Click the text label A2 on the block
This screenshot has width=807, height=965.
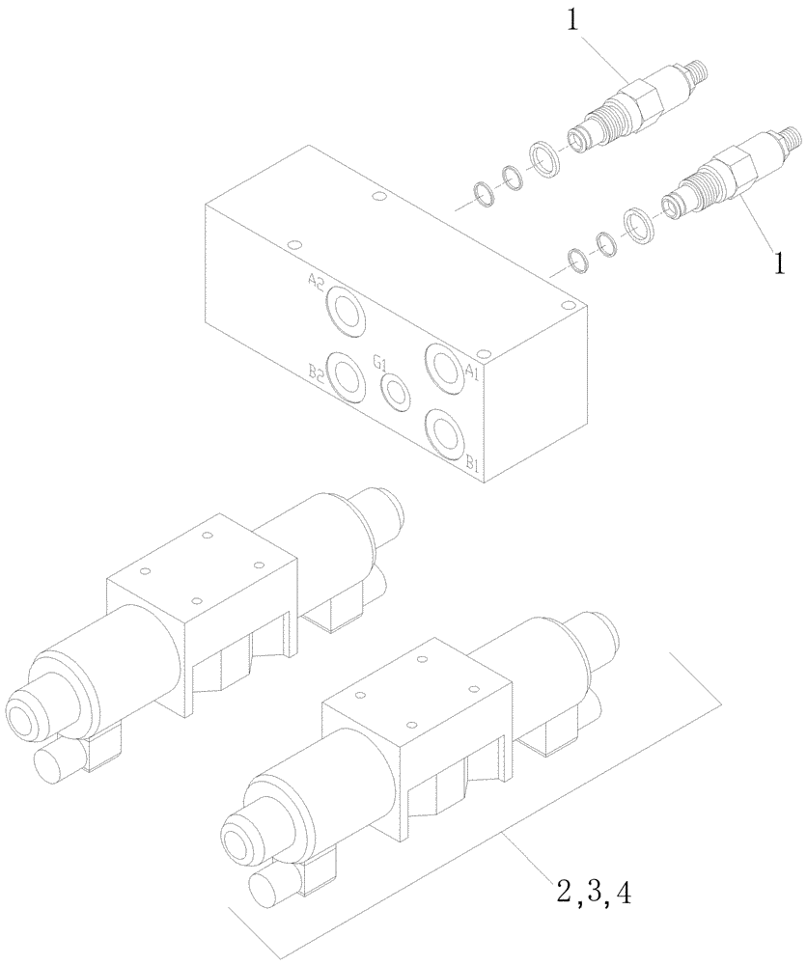pyautogui.click(x=317, y=282)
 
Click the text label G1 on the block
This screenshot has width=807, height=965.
pyautogui.click(x=380, y=363)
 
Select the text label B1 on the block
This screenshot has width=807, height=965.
pyautogui.click(x=473, y=464)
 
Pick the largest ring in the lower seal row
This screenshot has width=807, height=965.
pyautogui.click(x=636, y=223)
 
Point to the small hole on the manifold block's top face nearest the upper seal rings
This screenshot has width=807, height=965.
pyautogui.click(x=378, y=198)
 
